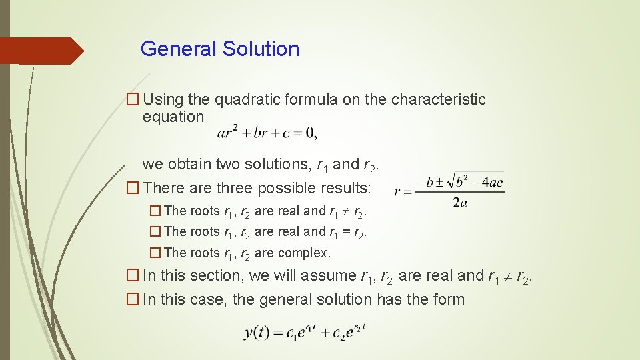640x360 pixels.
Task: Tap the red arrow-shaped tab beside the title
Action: [x=40, y=51]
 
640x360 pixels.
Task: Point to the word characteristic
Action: [x=438, y=99]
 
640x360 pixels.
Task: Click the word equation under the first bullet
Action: [x=173, y=117]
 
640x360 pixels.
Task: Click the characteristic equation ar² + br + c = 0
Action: [x=267, y=133]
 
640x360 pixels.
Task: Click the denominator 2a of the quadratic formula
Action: [x=459, y=203]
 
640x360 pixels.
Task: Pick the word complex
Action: [x=304, y=253]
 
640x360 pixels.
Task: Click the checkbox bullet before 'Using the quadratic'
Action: [x=133, y=100]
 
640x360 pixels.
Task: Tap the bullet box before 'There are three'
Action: [x=133, y=188]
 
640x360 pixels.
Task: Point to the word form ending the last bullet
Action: [x=449, y=299]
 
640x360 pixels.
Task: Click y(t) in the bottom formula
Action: [x=257, y=332]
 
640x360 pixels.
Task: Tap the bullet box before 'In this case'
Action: [x=133, y=299]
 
